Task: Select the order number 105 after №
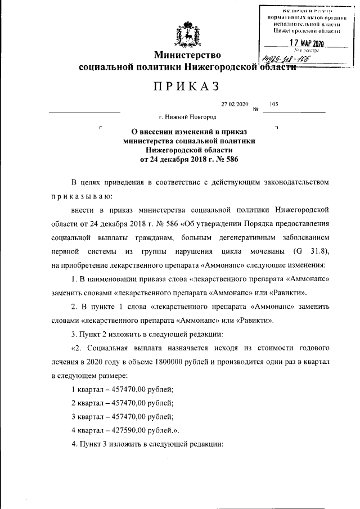pos(274,104)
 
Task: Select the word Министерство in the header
pos(188,55)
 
